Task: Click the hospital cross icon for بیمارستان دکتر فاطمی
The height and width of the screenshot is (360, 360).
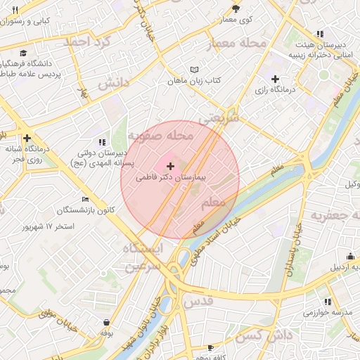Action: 171,165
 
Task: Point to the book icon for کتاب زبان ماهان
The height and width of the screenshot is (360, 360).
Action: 194,70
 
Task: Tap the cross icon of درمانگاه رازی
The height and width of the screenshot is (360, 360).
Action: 275,79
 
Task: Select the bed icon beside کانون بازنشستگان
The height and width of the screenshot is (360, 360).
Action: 85,199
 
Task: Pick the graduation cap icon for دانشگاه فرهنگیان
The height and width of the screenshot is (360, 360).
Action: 23,53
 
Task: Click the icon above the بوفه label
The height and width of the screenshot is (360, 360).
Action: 105,322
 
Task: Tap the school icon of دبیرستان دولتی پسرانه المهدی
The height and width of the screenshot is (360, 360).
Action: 102,141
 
